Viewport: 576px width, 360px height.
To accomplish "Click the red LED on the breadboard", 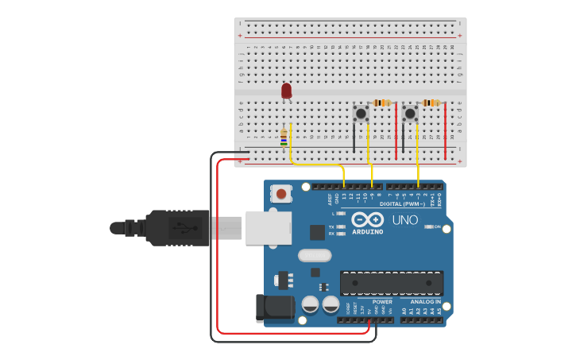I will pyautogui.click(x=286, y=91).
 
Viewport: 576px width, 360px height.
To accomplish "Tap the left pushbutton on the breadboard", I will pyautogui.click(x=361, y=114).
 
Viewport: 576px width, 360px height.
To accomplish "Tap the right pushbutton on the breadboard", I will pyautogui.click(x=410, y=114).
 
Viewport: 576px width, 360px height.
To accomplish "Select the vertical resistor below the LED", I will pyautogui.click(x=284, y=138).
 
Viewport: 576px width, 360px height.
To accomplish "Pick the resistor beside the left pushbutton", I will pyautogui.click(x=384, y=103).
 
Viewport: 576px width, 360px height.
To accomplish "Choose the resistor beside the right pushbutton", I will pyautogui.click(x=431, y=103).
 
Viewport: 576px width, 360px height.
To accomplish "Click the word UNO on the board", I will pyautogui.click(x=405, y=219).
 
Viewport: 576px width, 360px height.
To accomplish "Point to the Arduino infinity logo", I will pyautogui.click(x=367, y=219).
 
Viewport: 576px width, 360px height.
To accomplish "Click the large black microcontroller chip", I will pyautogui.click(x=392, y=283).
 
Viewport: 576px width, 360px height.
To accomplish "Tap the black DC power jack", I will pyautogui.click(x=275, y=308).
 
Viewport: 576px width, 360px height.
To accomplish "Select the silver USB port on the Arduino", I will pyautogui.click(x=268, y=227).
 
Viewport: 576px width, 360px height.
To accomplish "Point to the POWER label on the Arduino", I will pyautogui.click(x=382, y=302).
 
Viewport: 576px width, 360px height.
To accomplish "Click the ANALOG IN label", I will pyautogui.click(x=426, y=302).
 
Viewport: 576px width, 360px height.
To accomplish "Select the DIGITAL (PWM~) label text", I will pyautogui.click(x=402, y=204).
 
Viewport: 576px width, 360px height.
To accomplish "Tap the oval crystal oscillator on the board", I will pyautogui.click(x=315, y=256).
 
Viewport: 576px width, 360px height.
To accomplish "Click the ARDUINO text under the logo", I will pyautogui.click(x=367, y=232).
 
